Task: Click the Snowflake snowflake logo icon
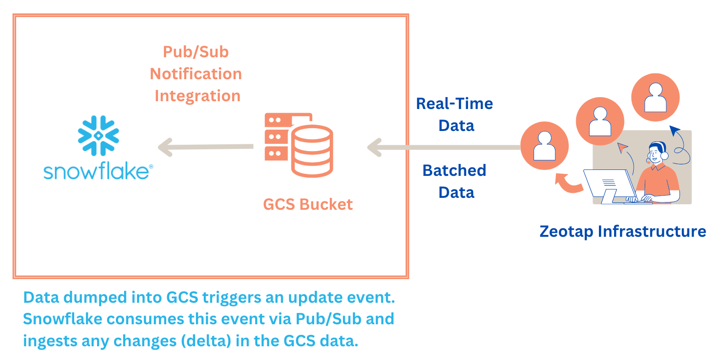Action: coord(98,135)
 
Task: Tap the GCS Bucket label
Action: coord(308,204)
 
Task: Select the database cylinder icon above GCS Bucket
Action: coord(312,152)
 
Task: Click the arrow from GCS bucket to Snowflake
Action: coord(206,147)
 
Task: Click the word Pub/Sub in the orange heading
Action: coord(196,52)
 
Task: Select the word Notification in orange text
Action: coord(196,74)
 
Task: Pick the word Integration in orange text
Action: coord(197,96)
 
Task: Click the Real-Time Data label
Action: coord(455,115)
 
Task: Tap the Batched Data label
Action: coord(455,181)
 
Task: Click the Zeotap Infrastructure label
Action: coord(623,231)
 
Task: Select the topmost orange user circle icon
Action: coord(655,97)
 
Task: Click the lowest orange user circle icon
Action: coord(544,146)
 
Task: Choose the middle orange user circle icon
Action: coord(600,121)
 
